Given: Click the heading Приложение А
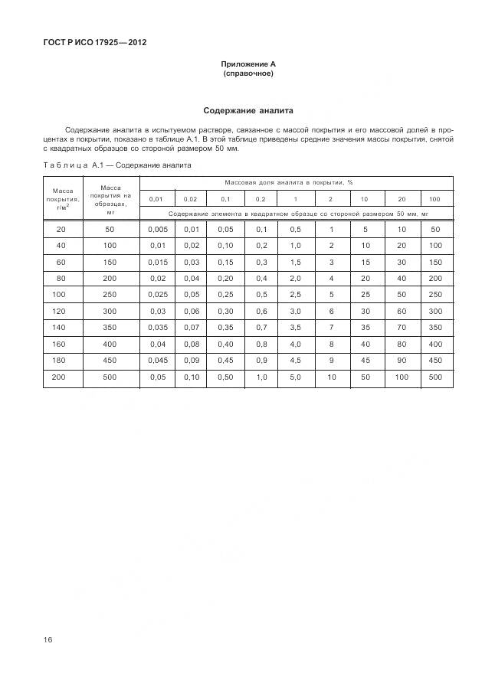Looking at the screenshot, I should (247, 64).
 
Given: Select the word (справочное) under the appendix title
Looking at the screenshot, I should (247, 74).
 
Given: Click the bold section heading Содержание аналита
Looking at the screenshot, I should (247, 111).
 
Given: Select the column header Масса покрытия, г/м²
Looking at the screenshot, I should (63, 198).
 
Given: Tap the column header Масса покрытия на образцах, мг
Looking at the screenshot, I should (110, 198).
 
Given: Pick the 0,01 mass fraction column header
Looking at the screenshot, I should (156, 198).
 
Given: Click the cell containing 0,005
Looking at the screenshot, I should (156, 230).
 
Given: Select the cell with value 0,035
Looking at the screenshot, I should (156, 327).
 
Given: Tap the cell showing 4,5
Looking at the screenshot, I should (295, 360).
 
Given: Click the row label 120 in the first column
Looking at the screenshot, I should (61, 311).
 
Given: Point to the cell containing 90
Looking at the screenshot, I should (401, 360).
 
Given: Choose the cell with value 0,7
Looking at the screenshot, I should (261, 327).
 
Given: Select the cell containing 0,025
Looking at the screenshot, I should (156, 295).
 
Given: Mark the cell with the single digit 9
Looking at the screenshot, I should (331, 360).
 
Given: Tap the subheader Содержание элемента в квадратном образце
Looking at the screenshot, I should (296, 214).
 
